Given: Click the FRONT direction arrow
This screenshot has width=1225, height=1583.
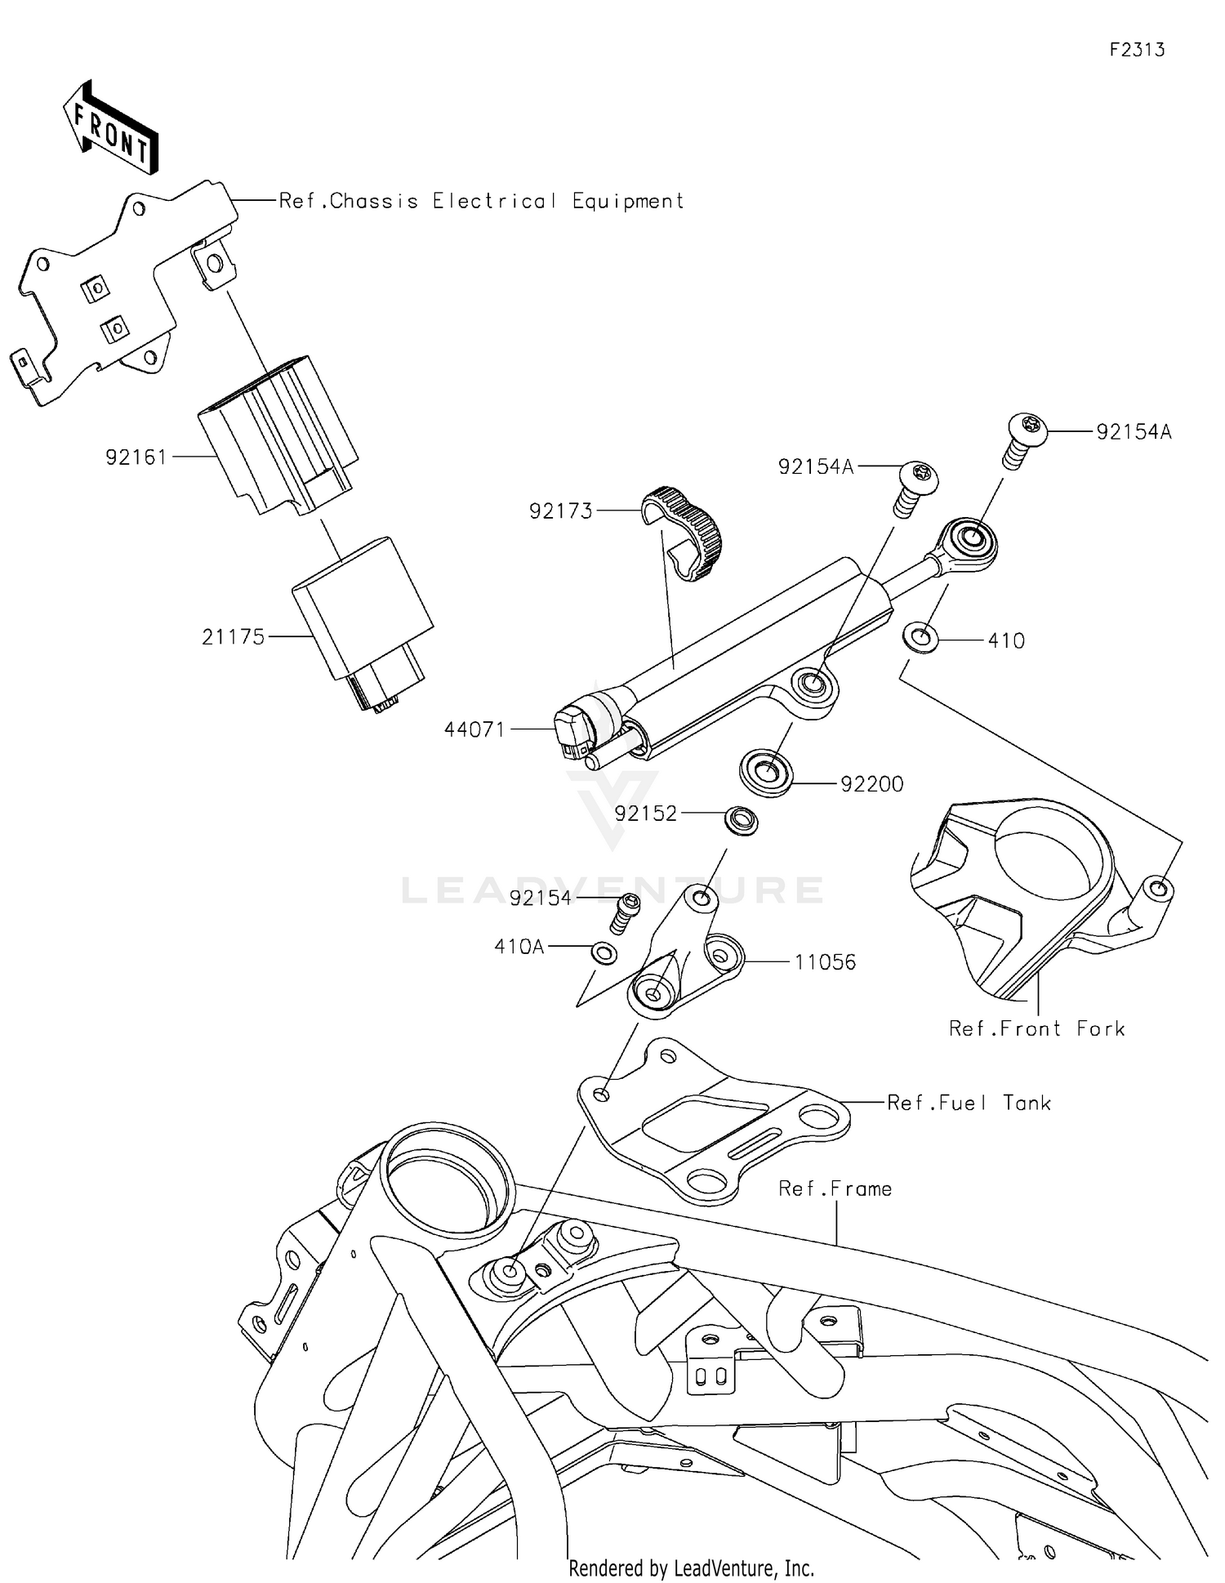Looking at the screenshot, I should click(x=111, y=129).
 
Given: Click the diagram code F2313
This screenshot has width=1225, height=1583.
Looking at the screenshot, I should click(x=1136, y=50).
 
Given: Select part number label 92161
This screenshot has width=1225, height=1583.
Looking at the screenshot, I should click(x=136, y=457).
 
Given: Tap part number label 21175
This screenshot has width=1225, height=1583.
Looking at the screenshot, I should click(x=233, y=636).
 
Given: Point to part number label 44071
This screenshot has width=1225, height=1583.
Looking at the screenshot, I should click(x=474, y=729).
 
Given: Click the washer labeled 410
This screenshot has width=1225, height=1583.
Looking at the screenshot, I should click(x=920, y=636).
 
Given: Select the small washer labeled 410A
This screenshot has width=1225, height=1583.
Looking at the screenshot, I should click(x=604, y=952).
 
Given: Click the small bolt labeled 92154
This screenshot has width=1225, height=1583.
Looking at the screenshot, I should click(x=626, y=910).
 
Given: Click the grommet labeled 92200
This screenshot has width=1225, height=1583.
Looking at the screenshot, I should click(x=766, y=772).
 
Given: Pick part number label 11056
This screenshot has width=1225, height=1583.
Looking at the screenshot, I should click(x=825, y=961).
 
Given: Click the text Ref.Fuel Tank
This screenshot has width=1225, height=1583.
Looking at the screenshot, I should click(x=969, y=1103).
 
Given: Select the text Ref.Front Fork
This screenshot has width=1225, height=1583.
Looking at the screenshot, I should click(x=1036, y=1028).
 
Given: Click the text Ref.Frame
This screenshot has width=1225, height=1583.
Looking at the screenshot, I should click(x=835, y=1188).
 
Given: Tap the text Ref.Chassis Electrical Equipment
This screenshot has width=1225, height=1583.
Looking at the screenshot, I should click(x=481, y=201).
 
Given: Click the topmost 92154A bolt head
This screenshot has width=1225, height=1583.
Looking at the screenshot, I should click(x=1029, y=427).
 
